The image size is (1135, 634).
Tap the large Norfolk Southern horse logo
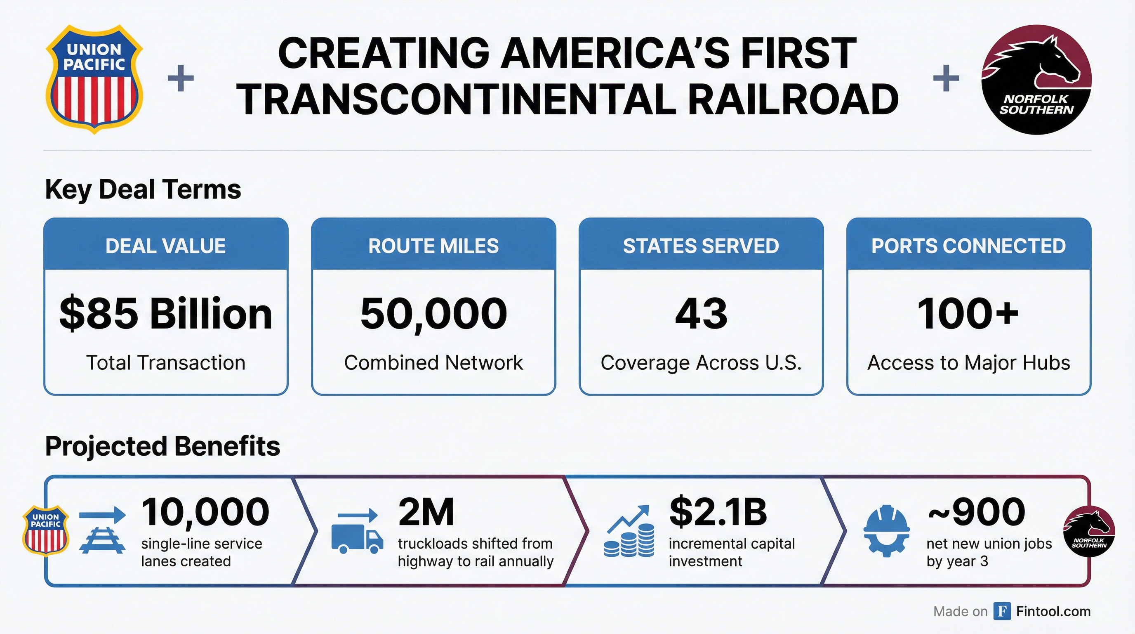pyautogui.click(x=1036, y=79)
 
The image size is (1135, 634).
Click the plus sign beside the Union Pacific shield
pyautogui.click(x=181, y=78)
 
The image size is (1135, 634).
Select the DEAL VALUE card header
pyautogui.click(x=166, y=246)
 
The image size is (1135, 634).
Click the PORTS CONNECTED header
pyautogui.click(x=968, y=246)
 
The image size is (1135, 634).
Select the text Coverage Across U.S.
pyautogui.click(x=701, y=363)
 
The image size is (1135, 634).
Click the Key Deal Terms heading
pyautogui.click(x=143, y=189)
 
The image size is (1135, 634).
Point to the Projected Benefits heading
pyautogui.click(x=162, y=446)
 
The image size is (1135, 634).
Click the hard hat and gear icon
pyautogui.click(x=886, y=531)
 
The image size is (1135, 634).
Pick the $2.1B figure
pyautogui.click(x=718, y=512)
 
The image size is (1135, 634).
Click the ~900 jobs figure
pyautogui.click(x=976, y=512)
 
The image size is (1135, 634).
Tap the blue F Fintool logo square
pyautogui.click(x=1002, y=611)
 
